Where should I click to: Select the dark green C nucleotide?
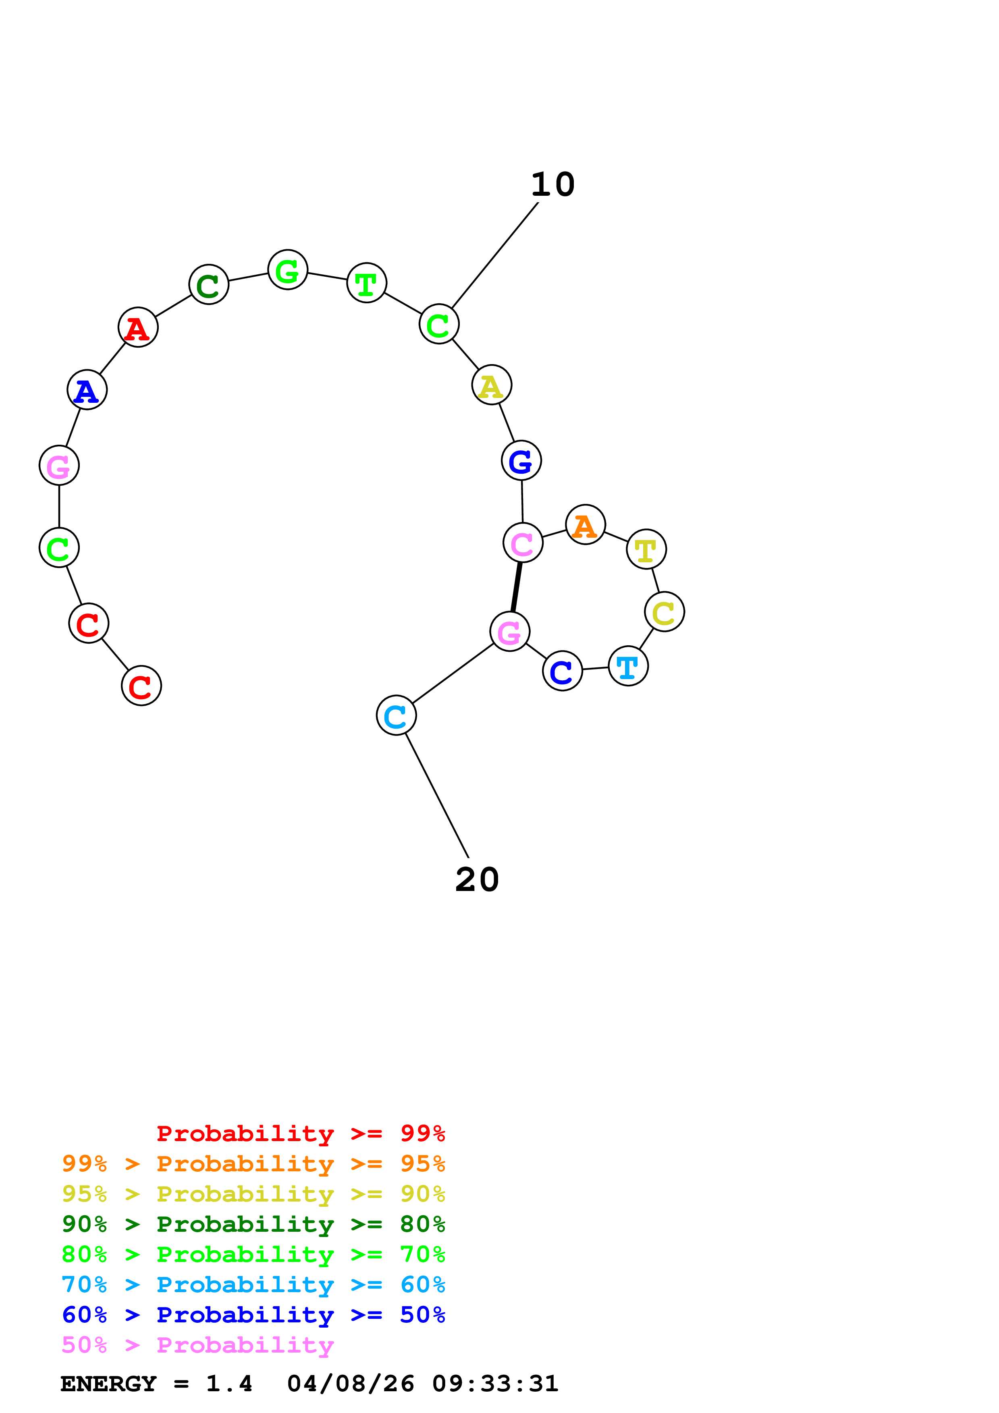click(209, 284)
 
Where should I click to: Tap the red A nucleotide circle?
click(138, 327)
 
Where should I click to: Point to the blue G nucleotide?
click(521, 460)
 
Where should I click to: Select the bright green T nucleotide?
click(367, 283)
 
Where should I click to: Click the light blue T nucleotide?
click(628, 666)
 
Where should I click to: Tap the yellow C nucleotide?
click(664, 612)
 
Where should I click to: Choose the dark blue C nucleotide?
click(562, 671)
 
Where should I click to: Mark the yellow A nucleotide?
click(492, 385)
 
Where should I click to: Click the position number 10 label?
click(553, 184)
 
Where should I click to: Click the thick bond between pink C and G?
click(517, 587)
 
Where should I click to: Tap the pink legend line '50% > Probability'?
click(197, 1345)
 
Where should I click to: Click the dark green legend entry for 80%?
click(253, 1224)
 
